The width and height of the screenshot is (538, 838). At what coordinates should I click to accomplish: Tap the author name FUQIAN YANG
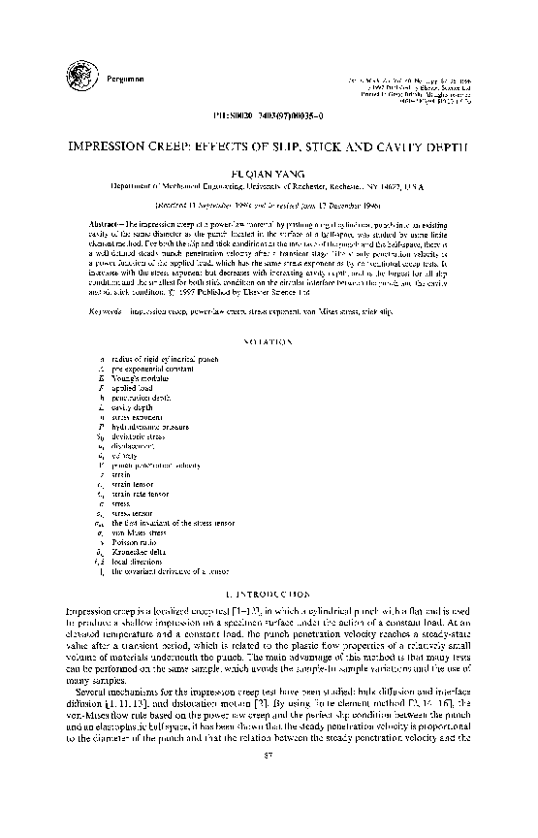(269, 167)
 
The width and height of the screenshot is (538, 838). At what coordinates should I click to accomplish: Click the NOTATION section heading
(269, 342)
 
